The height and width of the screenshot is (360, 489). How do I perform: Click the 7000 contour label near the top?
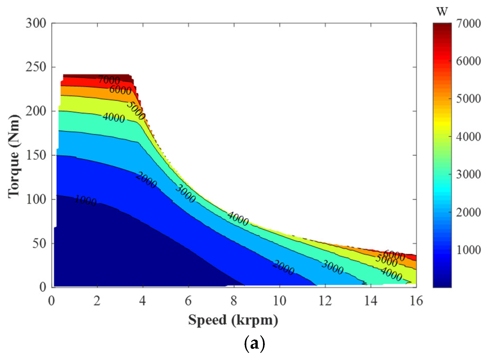[109, 80]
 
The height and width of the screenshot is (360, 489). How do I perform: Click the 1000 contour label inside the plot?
[85, 201]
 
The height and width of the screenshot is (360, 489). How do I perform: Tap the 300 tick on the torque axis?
[36, 23]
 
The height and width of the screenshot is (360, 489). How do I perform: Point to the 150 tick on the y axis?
[36, 155]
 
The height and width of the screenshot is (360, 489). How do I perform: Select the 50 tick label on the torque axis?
[40, 244]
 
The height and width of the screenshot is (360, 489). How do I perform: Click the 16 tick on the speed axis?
[416, 301]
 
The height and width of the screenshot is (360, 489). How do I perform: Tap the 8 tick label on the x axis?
[234, 301]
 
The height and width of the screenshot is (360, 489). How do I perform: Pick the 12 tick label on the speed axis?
[325, 301]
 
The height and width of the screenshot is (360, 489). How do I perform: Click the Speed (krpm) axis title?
[233, 320]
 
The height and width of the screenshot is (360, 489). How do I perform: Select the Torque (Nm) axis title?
[14, 155]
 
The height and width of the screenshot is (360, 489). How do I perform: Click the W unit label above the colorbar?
[442, 12]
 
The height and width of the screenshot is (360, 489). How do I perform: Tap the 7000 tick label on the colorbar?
[468, 24]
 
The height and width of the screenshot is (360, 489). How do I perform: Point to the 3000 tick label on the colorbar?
[468, 175]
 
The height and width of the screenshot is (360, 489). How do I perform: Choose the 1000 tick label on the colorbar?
[468, 250]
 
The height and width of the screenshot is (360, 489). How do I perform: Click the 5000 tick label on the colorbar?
[468, 99]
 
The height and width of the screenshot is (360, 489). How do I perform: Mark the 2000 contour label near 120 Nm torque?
[146, 180]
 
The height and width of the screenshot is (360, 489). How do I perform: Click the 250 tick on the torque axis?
[36, 67]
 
